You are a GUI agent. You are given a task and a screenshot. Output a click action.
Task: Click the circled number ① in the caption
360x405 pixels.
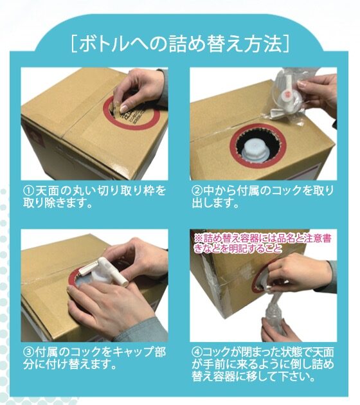29,191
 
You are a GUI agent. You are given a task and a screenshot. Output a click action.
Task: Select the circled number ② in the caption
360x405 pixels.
197,191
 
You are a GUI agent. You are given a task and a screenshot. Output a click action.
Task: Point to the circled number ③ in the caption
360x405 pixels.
29,352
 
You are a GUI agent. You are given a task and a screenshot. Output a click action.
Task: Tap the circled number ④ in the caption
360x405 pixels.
197,352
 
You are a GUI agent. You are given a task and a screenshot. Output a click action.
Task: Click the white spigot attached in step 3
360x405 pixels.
104,271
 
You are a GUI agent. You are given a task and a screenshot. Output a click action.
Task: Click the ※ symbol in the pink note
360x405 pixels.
198,238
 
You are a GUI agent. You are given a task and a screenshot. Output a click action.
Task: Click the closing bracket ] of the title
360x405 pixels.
286,44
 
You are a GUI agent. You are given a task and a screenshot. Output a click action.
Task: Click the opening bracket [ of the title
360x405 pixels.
74,44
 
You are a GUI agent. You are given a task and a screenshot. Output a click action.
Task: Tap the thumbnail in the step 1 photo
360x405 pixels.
125,108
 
